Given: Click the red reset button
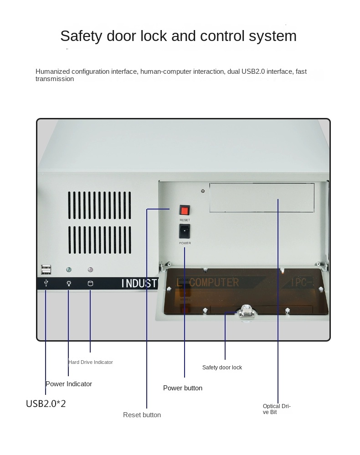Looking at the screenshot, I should [x=185, y=210].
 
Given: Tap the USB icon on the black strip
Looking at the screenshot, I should [x=46, y=283].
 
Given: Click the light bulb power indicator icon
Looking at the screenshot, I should [x=69, y=283].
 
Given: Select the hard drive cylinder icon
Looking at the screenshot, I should [x=90, y=283].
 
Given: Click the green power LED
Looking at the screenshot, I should [x=69, y=270].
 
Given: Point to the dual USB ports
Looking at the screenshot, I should [x=46, y=270].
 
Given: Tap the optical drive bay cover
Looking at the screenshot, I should [x=262, y=198].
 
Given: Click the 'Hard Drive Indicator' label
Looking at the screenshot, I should [x=90, y=362].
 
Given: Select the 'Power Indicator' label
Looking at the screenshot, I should [x=69, y=384].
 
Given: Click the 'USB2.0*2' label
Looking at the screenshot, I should [x=46, y=404].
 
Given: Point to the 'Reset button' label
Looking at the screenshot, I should [x=142, y=415].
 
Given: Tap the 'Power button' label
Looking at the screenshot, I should [x=183, y=388].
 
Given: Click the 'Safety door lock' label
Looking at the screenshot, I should [x=222, y=368].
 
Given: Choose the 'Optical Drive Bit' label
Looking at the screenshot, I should [x=276, y=409].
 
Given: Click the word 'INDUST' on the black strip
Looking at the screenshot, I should [x=139, y=283].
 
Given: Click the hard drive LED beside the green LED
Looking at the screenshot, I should [x=90, y=270].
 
